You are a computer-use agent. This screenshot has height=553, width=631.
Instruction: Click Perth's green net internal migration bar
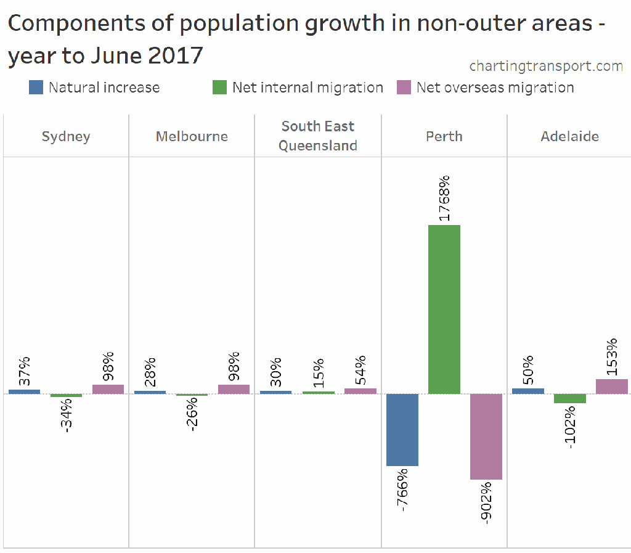tap(444, 309)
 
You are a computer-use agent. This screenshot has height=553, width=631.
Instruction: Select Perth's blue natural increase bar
tap(402, 430)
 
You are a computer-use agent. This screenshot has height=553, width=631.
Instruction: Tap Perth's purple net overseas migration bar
tap(486, 436)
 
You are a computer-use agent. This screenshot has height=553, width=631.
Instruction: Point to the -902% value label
tap(486, 502)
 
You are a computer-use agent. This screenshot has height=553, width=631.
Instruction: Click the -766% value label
tap(402, 490)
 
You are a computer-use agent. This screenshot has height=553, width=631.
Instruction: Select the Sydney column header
tap(66, 136)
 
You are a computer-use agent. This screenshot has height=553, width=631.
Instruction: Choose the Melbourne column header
tap(192, 136)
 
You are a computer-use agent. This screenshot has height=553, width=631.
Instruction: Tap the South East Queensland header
tap(318, 136)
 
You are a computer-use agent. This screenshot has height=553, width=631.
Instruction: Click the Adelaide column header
tap(569, 136)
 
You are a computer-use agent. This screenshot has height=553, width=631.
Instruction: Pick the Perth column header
tap(444, 136)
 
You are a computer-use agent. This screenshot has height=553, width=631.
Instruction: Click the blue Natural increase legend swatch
tap(36, 88)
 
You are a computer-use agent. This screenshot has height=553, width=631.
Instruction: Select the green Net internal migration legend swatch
tap(219, 88)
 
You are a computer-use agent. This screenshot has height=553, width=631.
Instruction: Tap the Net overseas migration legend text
tap(495, 88)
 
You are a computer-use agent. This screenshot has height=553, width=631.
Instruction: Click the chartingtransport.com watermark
tap(546, 65)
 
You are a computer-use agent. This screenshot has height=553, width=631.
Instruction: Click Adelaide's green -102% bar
tap(570, 398)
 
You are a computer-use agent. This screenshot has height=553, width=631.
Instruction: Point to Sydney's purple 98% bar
tap(108, 389)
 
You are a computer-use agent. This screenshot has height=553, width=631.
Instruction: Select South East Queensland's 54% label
tap(360, 370)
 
